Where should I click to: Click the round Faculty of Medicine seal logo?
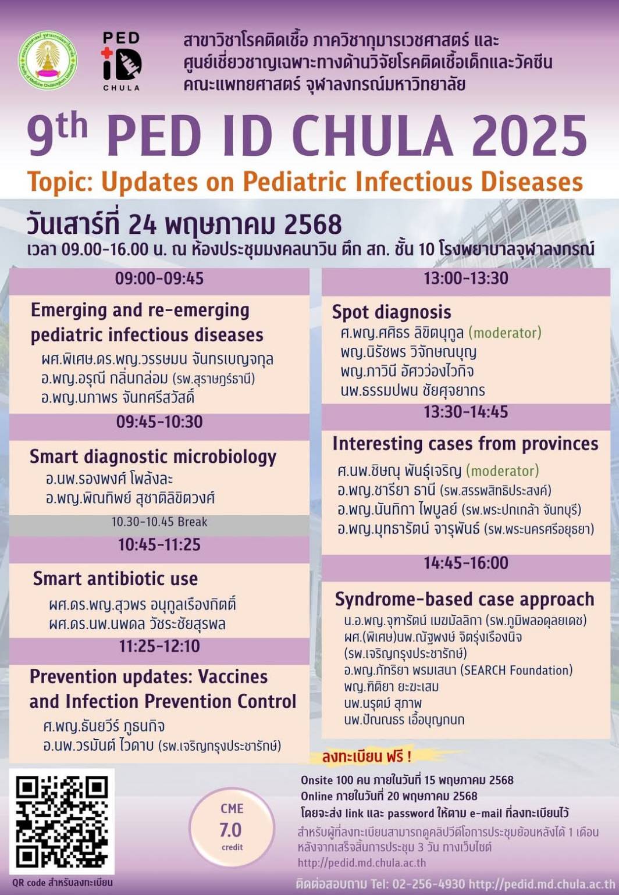point(48,60)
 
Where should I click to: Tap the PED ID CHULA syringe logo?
point(122,61)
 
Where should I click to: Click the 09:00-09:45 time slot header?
point(159,279)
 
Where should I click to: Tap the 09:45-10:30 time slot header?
point(159,422)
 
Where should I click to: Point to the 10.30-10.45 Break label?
point(159,522)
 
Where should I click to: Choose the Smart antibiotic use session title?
point(116,579)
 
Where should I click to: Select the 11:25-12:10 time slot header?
point(159,647)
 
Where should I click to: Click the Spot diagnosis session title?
point(392,312)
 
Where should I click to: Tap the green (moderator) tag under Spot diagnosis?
point(505,333)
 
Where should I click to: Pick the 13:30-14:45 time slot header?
point(466,412)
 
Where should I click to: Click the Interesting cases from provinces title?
point(465,444)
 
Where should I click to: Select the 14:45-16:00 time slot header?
point(466,563)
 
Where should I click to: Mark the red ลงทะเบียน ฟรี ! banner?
point(367,757)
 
